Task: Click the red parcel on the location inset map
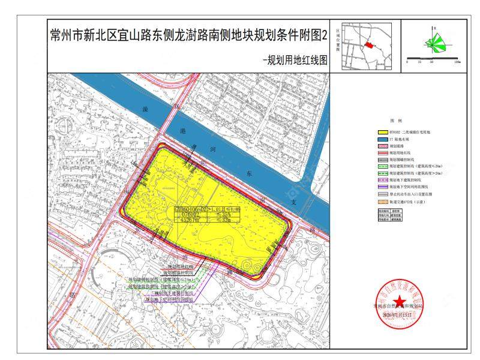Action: (x=370, y=45)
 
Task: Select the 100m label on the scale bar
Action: (x=458, y=61)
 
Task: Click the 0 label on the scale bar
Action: (x=407, y=61)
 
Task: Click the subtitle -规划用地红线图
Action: (x=295, y=60)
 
